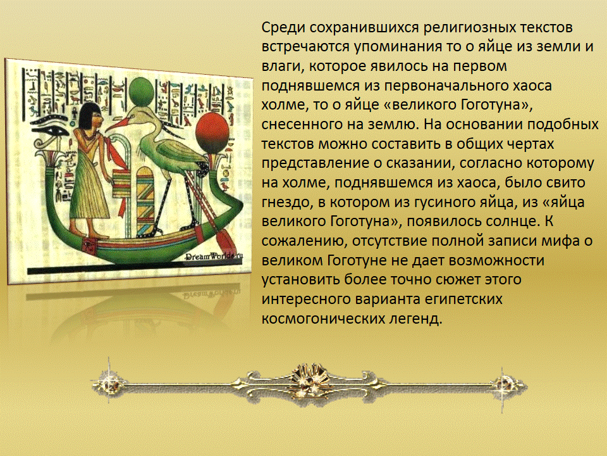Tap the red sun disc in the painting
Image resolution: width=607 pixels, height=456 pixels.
212,134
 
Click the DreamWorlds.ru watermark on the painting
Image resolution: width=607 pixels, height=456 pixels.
214,256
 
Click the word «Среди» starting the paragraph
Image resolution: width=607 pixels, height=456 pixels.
282,27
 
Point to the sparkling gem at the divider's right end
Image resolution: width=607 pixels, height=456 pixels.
505,385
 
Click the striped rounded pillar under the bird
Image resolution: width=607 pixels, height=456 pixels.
145,201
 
